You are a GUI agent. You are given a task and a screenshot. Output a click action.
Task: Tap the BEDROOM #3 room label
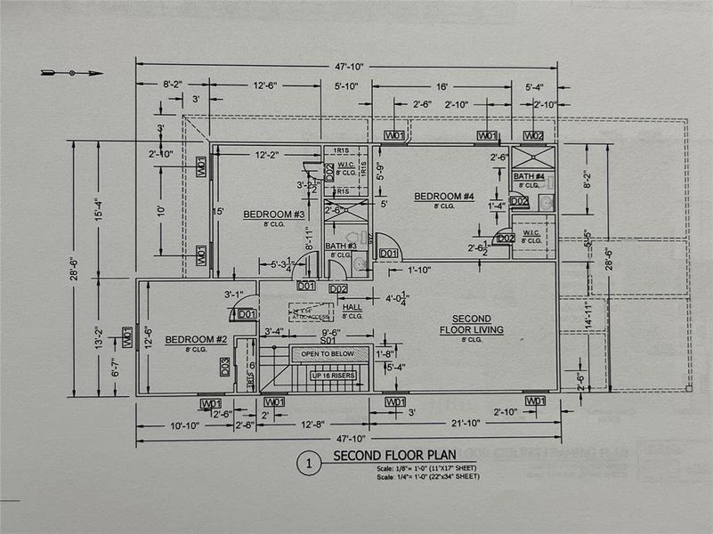pyautogui.click(x=274, y=214)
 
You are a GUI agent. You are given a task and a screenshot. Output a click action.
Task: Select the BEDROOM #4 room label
pyautogui.click(x=443, y=197)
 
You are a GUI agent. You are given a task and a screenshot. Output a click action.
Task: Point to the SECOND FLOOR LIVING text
pyautogui.click(x=471, y=324)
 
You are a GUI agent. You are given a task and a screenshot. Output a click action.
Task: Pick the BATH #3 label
pyautogui.click(x=340, y=246)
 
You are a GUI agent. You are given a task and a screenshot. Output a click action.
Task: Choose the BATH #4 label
pyautogui.click(x=529, y=176)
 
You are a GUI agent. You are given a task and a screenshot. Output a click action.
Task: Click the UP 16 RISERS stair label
pyautogui.click(x=333, y=376)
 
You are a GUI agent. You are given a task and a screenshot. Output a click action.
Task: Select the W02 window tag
pyautogui.click(x=533, y=135)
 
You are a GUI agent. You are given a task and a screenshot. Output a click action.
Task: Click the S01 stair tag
pyautogui.click(x=328, y=340)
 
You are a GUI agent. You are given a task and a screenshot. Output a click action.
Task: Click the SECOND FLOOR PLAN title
pyautogui.click(x=387, y=457)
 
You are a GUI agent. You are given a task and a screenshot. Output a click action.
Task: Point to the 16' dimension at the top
pyautogui.click(x=442, y=88)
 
